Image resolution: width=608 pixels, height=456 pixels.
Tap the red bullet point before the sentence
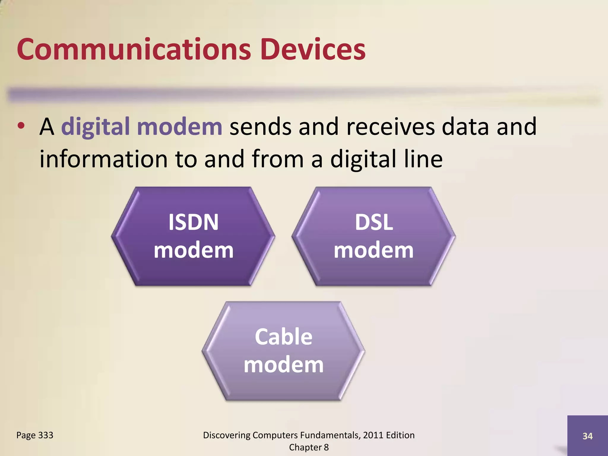[21, 126]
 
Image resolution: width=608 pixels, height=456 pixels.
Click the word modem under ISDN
[194, 250]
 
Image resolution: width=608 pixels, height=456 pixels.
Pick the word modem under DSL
[374, 250]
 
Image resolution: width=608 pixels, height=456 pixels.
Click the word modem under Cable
[284, 365]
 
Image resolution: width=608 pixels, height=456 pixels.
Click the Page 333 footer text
[35, 435]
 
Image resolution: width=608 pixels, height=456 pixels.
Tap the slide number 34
[587, 436]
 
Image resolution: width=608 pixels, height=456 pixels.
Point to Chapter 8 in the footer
[309, 447]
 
